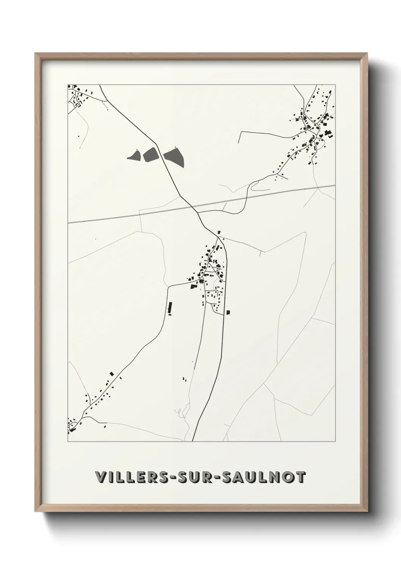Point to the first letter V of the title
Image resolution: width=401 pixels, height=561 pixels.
[101, 477]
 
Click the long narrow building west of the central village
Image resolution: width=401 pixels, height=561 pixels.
[170, 307]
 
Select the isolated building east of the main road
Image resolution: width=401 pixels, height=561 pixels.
[228, 312]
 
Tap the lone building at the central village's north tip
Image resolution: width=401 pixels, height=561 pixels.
[219, 232]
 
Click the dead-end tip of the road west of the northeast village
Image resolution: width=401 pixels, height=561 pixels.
[238, 143]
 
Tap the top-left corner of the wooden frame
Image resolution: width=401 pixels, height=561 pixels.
[36, 54]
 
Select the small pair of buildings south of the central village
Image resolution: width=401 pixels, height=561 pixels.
[185, 379]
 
